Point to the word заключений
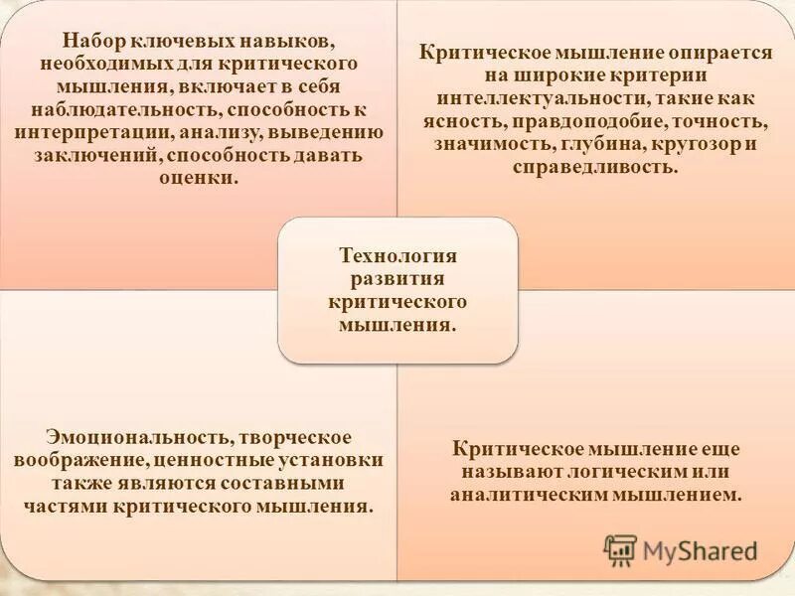coord(84,157)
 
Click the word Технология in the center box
coord(397,254)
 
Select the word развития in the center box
coord(397,277)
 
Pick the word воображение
coord(79,461)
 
